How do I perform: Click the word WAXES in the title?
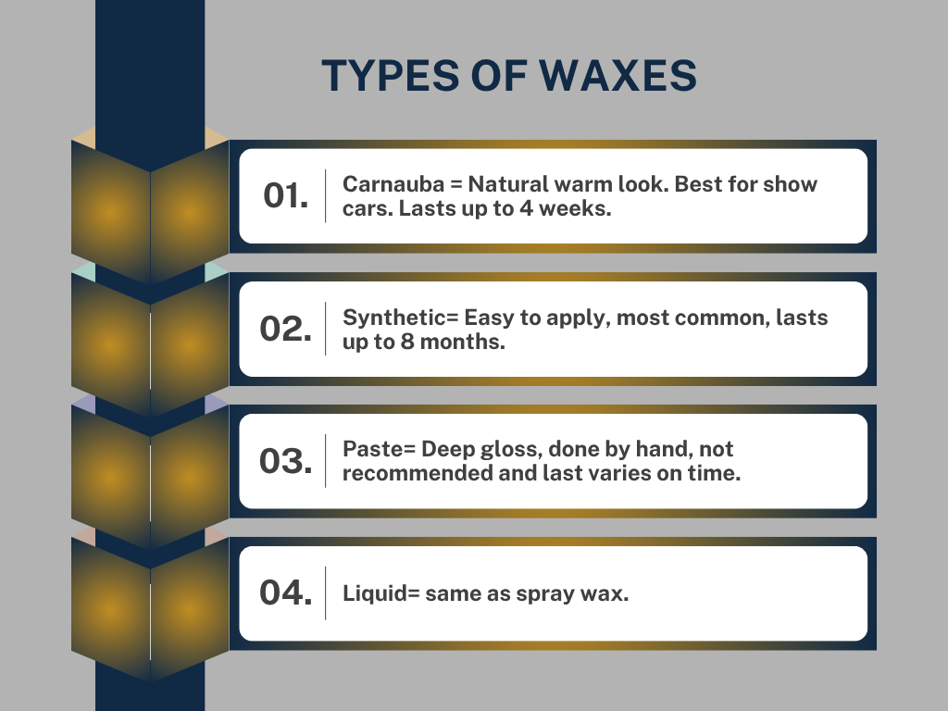[x=617, y=76]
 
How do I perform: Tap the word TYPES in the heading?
[x=391, y=76]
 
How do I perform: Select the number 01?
[x=286, y=196]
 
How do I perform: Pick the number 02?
[x=286, y=329]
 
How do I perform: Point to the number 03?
[x=286, y=461]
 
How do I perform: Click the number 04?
[x=286, y=592]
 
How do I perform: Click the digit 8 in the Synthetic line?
[x=407, y=342]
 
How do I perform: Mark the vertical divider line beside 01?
[x=325, y=196]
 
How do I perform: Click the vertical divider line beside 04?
[x=325, y=593]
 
